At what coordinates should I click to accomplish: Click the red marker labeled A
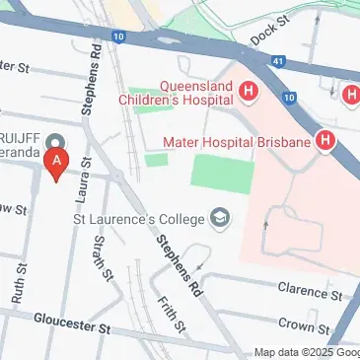(x=58, y=163)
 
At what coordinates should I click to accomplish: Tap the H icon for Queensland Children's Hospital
(x=249, y=93)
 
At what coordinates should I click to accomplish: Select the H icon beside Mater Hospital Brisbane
(x=325, y=142)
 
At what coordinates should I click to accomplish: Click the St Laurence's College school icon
(x=221, y=217)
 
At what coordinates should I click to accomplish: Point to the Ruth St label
(x=17, y=293)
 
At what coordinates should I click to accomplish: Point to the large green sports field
(x=222, y=174)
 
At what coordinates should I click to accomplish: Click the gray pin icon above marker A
(x=56, y=140)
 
